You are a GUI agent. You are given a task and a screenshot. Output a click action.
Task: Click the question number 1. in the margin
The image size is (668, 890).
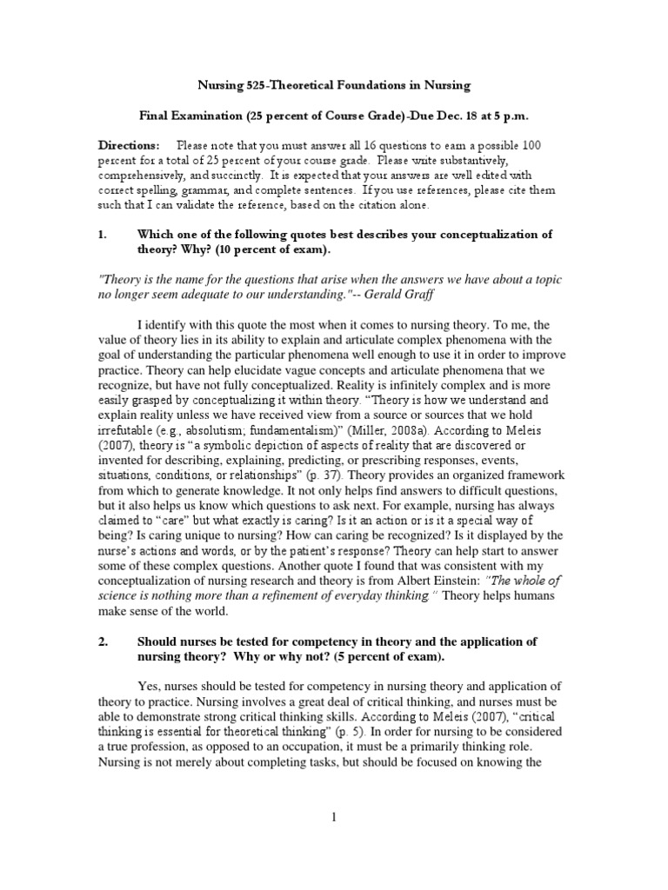tap(102, 235)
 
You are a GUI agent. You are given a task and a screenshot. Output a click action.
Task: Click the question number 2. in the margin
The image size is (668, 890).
tap(102, 641)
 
